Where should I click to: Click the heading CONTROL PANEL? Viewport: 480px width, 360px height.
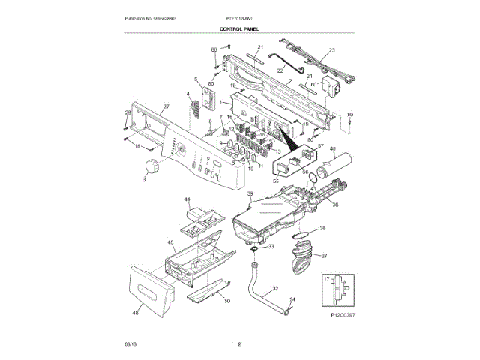click(x=239, y=28)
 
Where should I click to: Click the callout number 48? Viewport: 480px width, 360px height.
click(x=136, y=313)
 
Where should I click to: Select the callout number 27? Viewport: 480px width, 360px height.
click(x=166, y=106)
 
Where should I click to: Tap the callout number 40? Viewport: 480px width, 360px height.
click(x=332, y=149)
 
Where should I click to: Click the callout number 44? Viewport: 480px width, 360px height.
click(x=187, y=200)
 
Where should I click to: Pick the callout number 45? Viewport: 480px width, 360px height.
click(x=171, y=243)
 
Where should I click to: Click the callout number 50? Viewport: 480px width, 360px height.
click(x=227, y=301)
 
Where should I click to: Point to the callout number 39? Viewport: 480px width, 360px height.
click(x=250, y=194)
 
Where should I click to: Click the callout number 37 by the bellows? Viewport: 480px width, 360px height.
click(x=324, y=256)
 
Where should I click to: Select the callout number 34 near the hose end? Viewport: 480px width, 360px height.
click(x=292, y=300)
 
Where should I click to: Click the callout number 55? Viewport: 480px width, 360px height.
click(x=275, y=181)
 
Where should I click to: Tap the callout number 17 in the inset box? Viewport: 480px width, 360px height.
click(x=326, y=279)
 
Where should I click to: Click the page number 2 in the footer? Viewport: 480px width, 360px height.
click(x=239, y=343)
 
